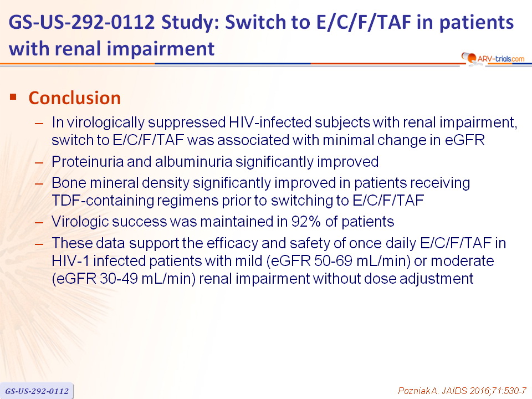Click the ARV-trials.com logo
click(493, 59)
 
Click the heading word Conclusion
click(75, 98)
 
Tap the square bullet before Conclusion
click(13, 97)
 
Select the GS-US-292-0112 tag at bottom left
click(37, 391)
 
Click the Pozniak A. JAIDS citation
click(462, 391)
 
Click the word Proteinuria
click(88, 161)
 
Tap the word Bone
click(69, 183)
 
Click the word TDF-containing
click(101, 201)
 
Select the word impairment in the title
click(161, 49)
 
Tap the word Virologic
click(80, 222)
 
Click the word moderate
click(462, 261)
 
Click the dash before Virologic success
click(39, 223)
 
